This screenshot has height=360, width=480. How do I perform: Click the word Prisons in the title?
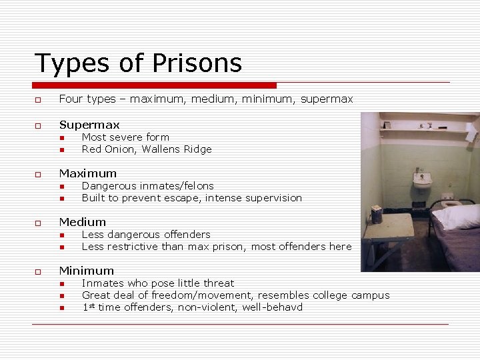tap(197, 63)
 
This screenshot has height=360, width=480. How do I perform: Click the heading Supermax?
tap(89, 125)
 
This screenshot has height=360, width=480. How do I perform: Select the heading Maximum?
tap(87, 173)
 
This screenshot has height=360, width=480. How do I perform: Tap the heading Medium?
tap(82, 222)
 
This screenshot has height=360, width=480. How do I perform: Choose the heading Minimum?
tap(86, 271)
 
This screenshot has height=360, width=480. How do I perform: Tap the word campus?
tap(370, 295)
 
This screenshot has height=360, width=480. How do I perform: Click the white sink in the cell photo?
tap(422, 180)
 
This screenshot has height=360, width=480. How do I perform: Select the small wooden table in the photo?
tap(387, 230)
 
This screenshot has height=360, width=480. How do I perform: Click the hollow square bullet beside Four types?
tap(38, 100)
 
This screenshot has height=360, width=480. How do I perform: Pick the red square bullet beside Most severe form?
tap(61, 138)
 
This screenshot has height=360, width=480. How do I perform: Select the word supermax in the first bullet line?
tap(326, 99)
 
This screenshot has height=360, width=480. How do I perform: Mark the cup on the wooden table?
tap(377, 214)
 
